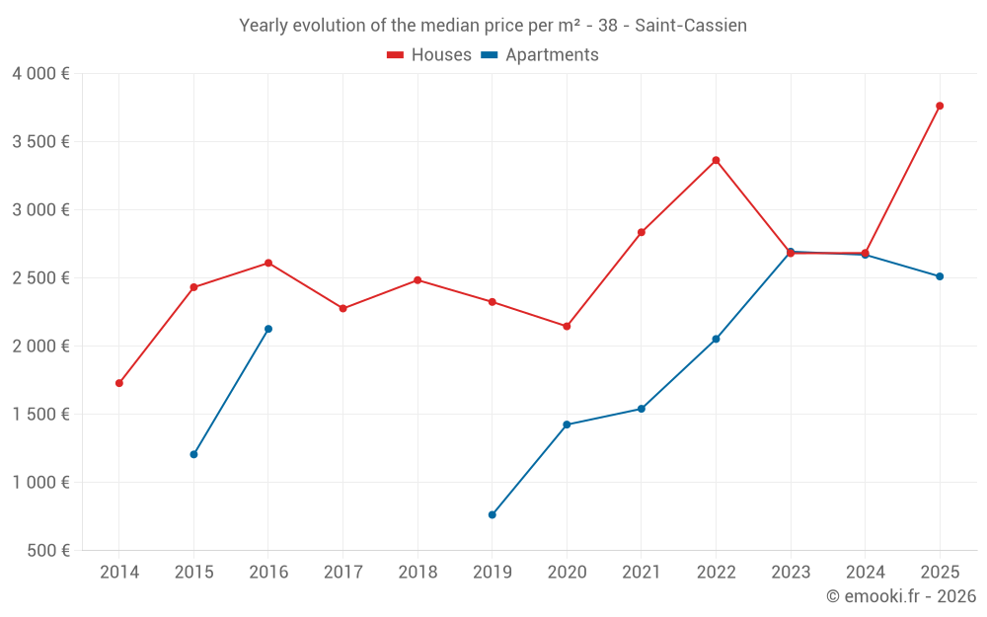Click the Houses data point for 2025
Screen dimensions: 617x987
pyautogui.click(x=940, y=106)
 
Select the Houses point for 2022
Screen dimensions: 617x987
pyautogui.click(x=716, y=160)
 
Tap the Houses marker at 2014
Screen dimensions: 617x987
pyautogui.click(x=119, y=383)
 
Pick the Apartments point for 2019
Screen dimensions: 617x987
pyautogui.click(x=492, y=514)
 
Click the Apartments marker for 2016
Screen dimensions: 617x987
pyautogui.click(x=268, y=329)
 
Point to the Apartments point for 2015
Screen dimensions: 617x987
pyautogui.click(x=193, y=454)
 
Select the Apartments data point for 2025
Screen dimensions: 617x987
pyautogui.click(x=940, y=276)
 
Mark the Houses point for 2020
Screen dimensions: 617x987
pyautogui.click(x=567, y=326)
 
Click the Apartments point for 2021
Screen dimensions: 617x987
pyautogui.click(x=642, y=409)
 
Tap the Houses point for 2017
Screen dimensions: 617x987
pyautogui.click(x=342, y=308)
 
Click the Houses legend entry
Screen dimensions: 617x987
pyautogui.click(x=429, y=55)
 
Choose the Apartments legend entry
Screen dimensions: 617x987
pyautogui.click(x=540, y=55)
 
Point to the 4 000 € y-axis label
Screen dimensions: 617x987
pyautogui.click(x=40, y=74)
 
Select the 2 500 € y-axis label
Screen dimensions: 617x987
pyautogui.click(x=40, y=278)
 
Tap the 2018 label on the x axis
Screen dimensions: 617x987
pyautogui.click(x=418, y=573)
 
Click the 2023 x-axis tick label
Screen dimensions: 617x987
pyautogui.click(x=791, y=573)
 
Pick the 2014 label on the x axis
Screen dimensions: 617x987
pyautogui.click(x=119, y=573)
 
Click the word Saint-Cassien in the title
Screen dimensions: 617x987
pyautogui.click(x=691, y=26)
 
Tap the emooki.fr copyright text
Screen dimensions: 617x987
pyautogui.click(x=900, y=596)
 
